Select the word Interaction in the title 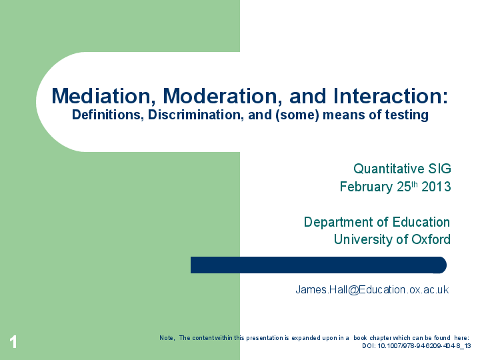pos(389,96)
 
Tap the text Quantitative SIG pos(402,169)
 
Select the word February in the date pos(366,187)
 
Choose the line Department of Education pos(377,222)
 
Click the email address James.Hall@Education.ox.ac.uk pos(372,289)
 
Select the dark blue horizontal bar pos(318,265)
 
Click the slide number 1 pos(13,343)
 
